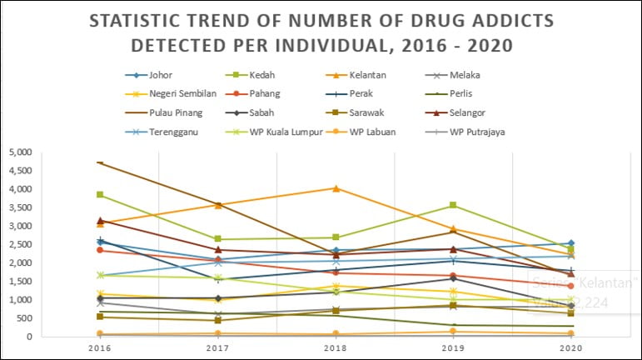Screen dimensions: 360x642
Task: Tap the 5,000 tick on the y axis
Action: pos(19,152)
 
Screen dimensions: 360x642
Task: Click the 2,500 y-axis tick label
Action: pos(19,244)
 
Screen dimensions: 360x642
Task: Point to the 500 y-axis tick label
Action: pos(22,318)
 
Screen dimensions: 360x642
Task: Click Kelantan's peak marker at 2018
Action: pos(336,188)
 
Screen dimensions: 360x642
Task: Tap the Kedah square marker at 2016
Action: pos(101,195)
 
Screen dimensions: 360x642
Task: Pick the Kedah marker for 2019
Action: pos(452,205)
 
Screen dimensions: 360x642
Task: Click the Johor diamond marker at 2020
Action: pos(570,243)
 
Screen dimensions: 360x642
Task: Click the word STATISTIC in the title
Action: pos(141,20)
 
